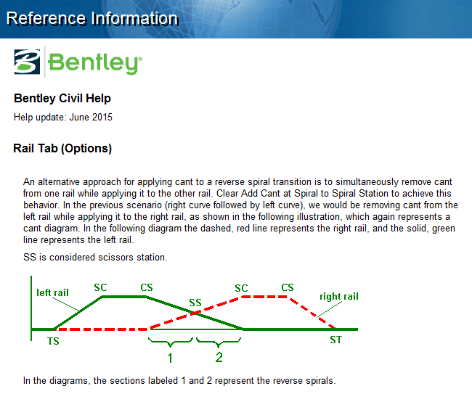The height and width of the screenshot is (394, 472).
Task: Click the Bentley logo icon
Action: pos(28,61)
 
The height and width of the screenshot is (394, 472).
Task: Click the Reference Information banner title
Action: pos(92,18)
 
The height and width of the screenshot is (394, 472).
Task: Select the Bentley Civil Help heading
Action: pos(62,99)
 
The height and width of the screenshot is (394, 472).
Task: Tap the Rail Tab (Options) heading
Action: pos(62,149)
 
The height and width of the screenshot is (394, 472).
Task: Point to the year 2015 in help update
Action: pos(102,117)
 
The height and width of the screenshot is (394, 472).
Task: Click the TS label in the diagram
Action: pos(53,340)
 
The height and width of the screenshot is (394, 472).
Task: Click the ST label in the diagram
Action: pos(335,340)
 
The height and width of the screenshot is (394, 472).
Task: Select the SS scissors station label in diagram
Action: pos(195,303)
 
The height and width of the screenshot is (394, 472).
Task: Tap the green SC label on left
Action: pos(100,287)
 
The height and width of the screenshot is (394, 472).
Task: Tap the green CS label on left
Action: pos(147,287)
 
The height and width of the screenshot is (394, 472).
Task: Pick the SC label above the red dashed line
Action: pos(241,288)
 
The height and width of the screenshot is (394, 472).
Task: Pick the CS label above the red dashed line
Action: pos(288,288)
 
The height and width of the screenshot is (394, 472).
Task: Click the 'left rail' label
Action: pos(52,292)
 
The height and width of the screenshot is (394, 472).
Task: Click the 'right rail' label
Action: pos(339,296)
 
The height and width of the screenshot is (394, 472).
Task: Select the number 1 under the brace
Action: pos(170,358)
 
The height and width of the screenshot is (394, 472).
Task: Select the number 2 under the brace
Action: pos(219,357)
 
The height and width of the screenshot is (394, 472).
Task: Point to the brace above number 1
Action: pos(170,341)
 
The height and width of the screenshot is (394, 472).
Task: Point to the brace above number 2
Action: pos(219,341)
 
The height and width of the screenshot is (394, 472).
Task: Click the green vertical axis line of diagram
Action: pos(32,305)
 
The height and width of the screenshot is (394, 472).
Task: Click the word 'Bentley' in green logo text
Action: pos(93,62)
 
